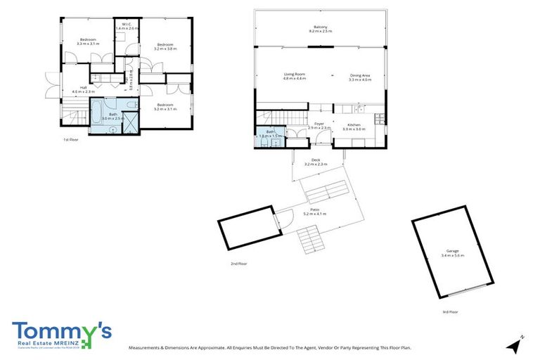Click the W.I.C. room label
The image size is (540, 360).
click(x=127, y=26)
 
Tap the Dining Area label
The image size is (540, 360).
click(x=359, y=77)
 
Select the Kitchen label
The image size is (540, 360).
click(x=354, y=127)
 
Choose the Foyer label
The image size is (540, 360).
click(x=319, y=125)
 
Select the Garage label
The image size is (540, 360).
click(x=453, y=252)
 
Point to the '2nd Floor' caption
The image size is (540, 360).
click(x=239, y=264)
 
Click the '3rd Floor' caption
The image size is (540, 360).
click(x=450, y=311)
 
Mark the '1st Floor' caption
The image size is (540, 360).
click(x=71, y=140)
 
